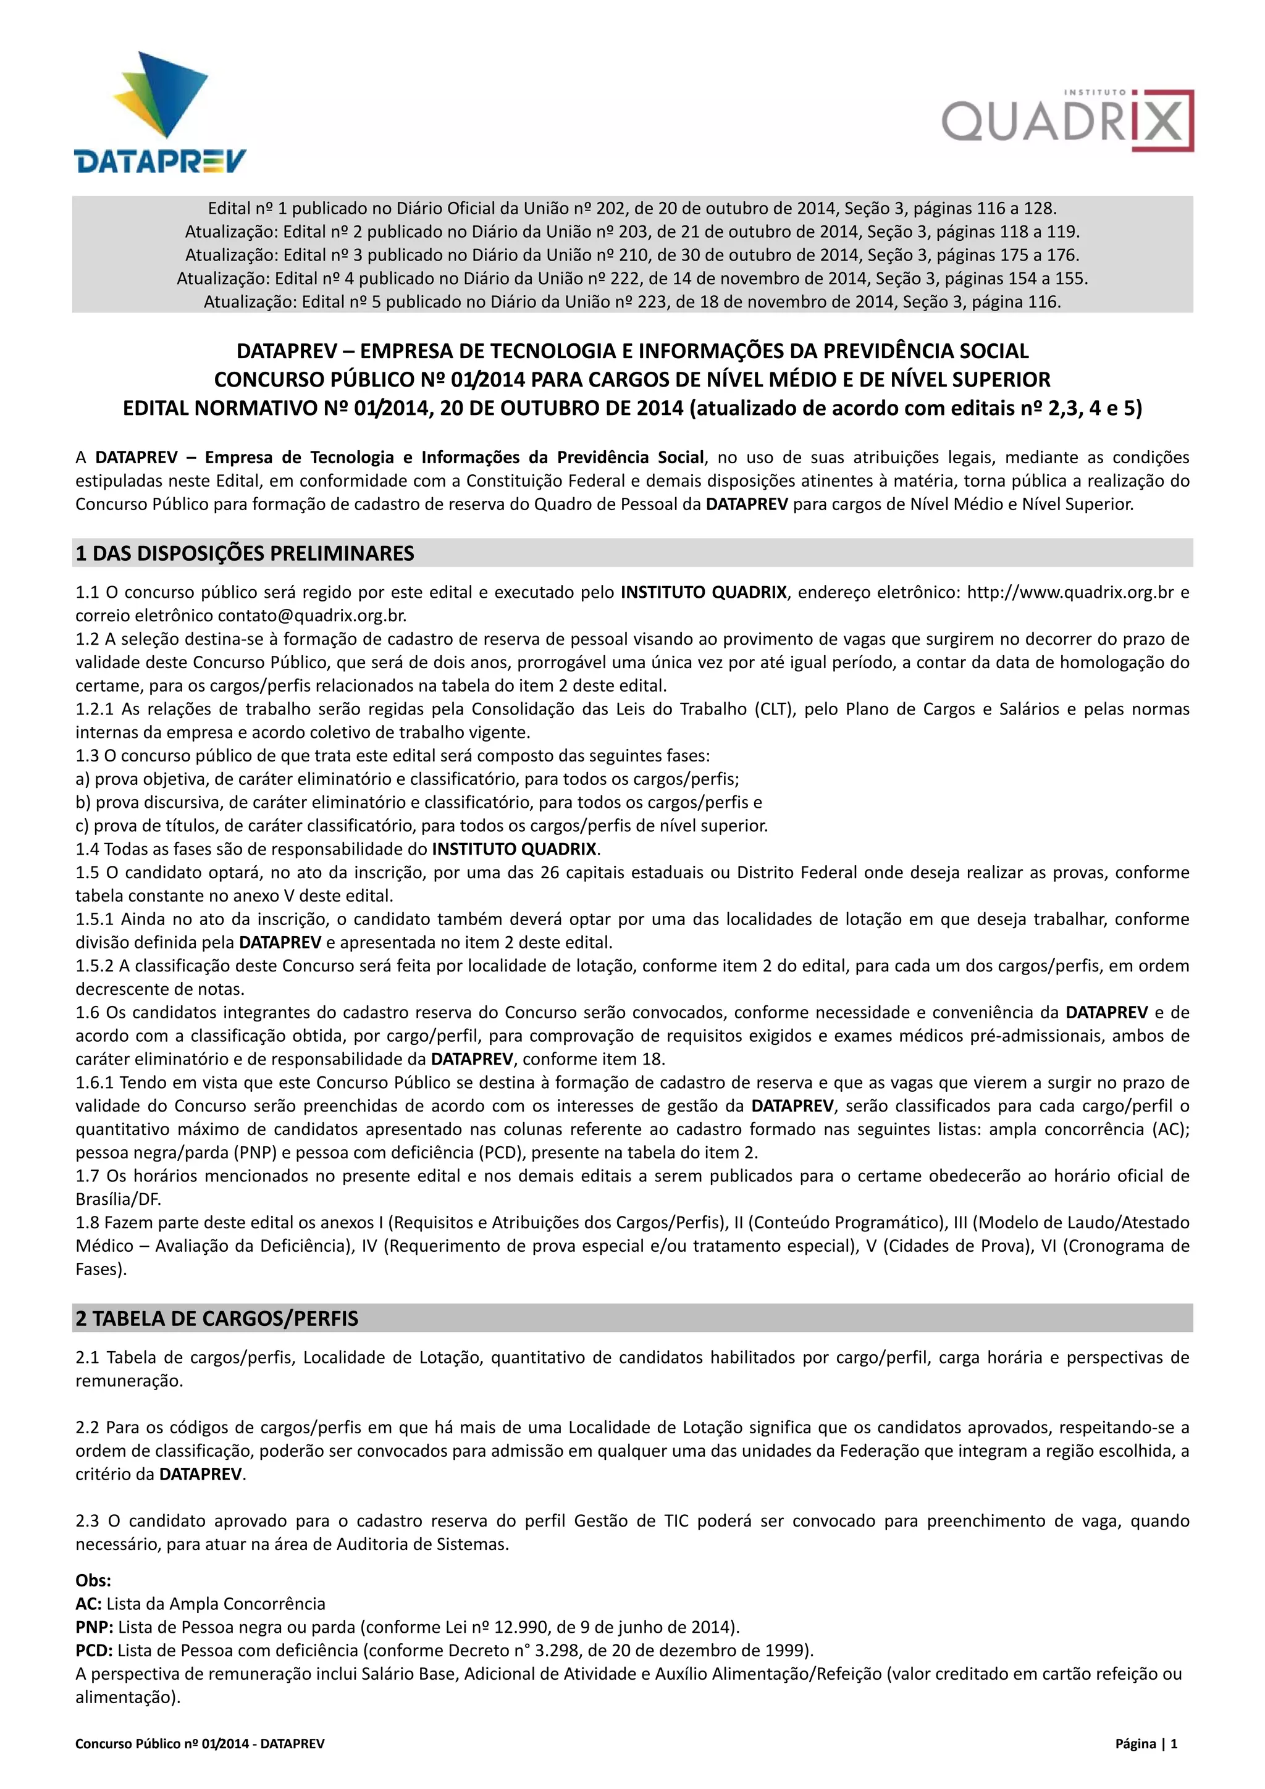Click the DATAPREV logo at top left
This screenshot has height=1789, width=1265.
coord(161,113)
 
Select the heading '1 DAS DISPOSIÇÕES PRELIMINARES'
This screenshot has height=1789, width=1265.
coord(245,553)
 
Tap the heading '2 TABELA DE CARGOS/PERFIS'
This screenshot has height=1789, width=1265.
coord(217,1318)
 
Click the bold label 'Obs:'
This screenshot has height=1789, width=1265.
coord(93,1580)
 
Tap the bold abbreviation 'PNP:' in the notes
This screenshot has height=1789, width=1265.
coord(95,1627)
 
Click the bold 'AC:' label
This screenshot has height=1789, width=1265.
coord(89,1604)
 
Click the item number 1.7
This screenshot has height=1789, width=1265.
coord(88,1176)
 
